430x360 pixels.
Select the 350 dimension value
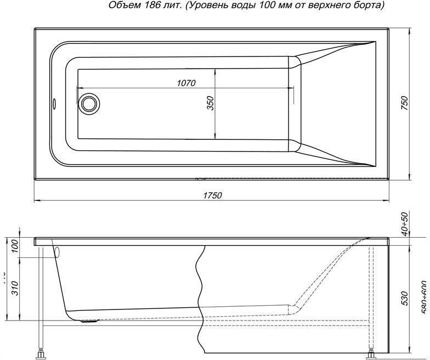[x=210, y=104]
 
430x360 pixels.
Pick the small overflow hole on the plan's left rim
[x=55, y=103]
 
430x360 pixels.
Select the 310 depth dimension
[x=15, y=287]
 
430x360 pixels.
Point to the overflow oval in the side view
[x=56, y=252]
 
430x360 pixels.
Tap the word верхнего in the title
[x=337, y=5]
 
